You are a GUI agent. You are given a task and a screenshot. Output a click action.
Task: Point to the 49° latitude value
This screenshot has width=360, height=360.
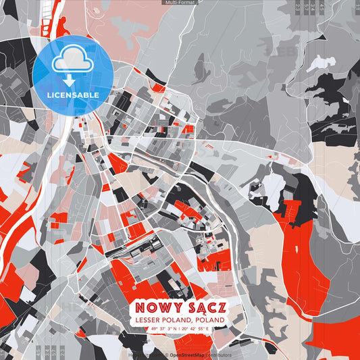pos(155,329)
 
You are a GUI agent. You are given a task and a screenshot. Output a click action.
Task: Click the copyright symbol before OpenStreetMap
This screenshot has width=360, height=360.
pos(166,355)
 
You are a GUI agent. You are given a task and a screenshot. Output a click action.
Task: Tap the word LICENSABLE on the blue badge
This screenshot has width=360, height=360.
pos(73,95)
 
